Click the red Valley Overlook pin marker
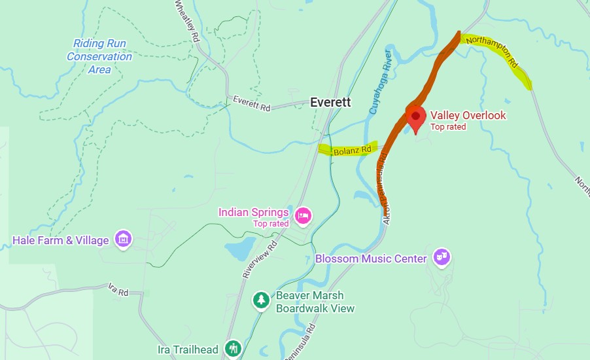415,117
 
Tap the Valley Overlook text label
468,116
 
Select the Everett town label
330,103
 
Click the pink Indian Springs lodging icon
302,215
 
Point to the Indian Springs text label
254,212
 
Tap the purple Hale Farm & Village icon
122,240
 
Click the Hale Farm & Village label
61,240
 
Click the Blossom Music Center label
371,259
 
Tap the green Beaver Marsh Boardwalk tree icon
262,300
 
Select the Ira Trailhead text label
188,350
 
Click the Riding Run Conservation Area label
99,56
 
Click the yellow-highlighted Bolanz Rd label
352,150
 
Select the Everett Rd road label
252,103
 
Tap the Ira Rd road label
118,291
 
